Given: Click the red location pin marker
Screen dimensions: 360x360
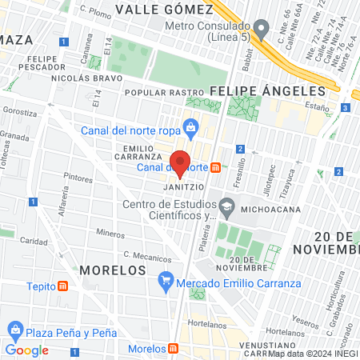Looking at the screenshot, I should pyautogui.click(x=180, y=162).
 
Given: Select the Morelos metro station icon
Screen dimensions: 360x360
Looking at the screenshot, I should pyautogui.click(x=173, y=350).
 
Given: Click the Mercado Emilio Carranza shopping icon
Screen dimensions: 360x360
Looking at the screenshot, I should pyautogui.click(x=166, y=279).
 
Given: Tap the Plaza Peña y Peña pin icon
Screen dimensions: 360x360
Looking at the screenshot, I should pyautogui.click(x=14, y=330).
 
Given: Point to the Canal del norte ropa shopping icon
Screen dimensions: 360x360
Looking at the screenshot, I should pyautogui.click(x=190, y=127).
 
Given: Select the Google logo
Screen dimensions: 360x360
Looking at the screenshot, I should pyautogui.click(x=26, y=350).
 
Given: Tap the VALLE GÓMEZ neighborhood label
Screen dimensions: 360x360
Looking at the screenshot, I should pyautogui.click(x=164, y=10).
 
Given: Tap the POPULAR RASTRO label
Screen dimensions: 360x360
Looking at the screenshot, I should pyautogui.click(x=168, y=93).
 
